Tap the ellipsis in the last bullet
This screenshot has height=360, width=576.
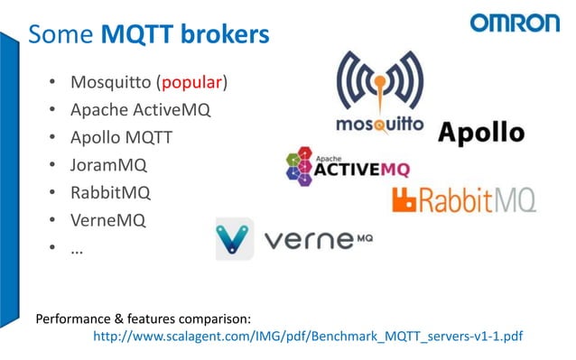[x=78, y=247]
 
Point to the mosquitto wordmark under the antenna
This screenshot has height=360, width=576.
[x=379, y=123]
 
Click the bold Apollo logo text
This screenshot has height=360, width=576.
[x=481, y=134]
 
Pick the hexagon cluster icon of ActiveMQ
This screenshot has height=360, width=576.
[x=299, y=166]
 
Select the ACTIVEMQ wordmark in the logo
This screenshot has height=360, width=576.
[x=361, y=169]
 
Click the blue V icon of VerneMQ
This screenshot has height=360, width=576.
[x=234, y=238]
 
